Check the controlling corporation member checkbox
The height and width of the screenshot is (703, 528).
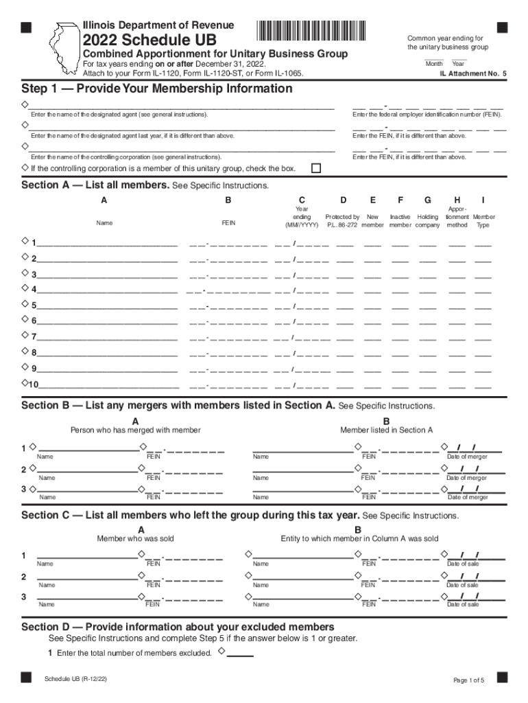[316, 168]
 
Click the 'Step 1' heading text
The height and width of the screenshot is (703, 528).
[157, 89]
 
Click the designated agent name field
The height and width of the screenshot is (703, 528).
[182, 106]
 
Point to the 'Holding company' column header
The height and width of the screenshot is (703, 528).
[428, 220]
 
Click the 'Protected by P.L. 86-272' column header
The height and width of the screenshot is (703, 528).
[343, 220]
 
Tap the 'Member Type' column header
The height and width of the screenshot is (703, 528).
[483, 220]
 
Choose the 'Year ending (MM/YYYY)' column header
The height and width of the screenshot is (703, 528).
[302, 217]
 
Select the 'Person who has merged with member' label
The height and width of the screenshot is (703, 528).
[136, 430]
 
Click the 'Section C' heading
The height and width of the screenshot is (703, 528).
[191, 516]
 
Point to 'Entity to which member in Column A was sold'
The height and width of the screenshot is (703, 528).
[359, 539]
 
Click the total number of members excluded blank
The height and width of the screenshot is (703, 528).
[240, 653]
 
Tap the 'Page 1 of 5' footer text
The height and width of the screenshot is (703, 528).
[469, 680]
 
